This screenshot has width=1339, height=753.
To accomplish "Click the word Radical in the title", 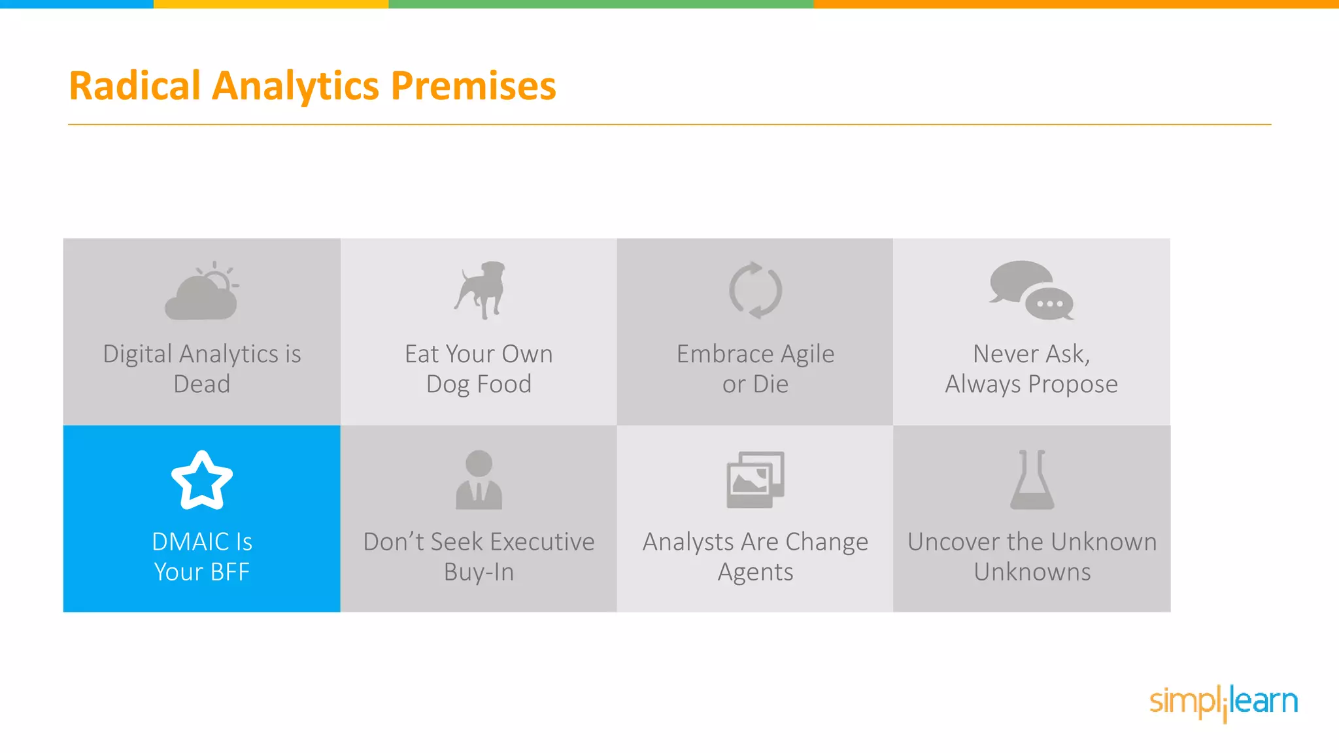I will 135,86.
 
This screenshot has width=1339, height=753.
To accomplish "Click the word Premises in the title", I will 473,86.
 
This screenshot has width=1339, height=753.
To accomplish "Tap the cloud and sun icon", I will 201,292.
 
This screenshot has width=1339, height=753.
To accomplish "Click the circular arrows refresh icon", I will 755,290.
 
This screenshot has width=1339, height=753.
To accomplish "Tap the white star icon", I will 201,480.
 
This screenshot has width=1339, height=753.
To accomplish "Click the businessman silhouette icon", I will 479,480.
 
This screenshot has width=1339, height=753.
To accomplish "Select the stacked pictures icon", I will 755,480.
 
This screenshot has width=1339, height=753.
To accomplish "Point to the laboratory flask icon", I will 1032,480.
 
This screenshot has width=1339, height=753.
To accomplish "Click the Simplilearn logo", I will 1223,702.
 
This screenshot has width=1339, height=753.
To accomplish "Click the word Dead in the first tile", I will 201,384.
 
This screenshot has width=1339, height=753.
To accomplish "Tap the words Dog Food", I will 479,384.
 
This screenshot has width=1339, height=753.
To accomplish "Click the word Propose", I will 1072,384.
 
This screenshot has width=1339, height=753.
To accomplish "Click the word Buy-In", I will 479,572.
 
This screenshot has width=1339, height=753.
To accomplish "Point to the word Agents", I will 755,572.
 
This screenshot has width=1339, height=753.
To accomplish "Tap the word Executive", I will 542,542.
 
